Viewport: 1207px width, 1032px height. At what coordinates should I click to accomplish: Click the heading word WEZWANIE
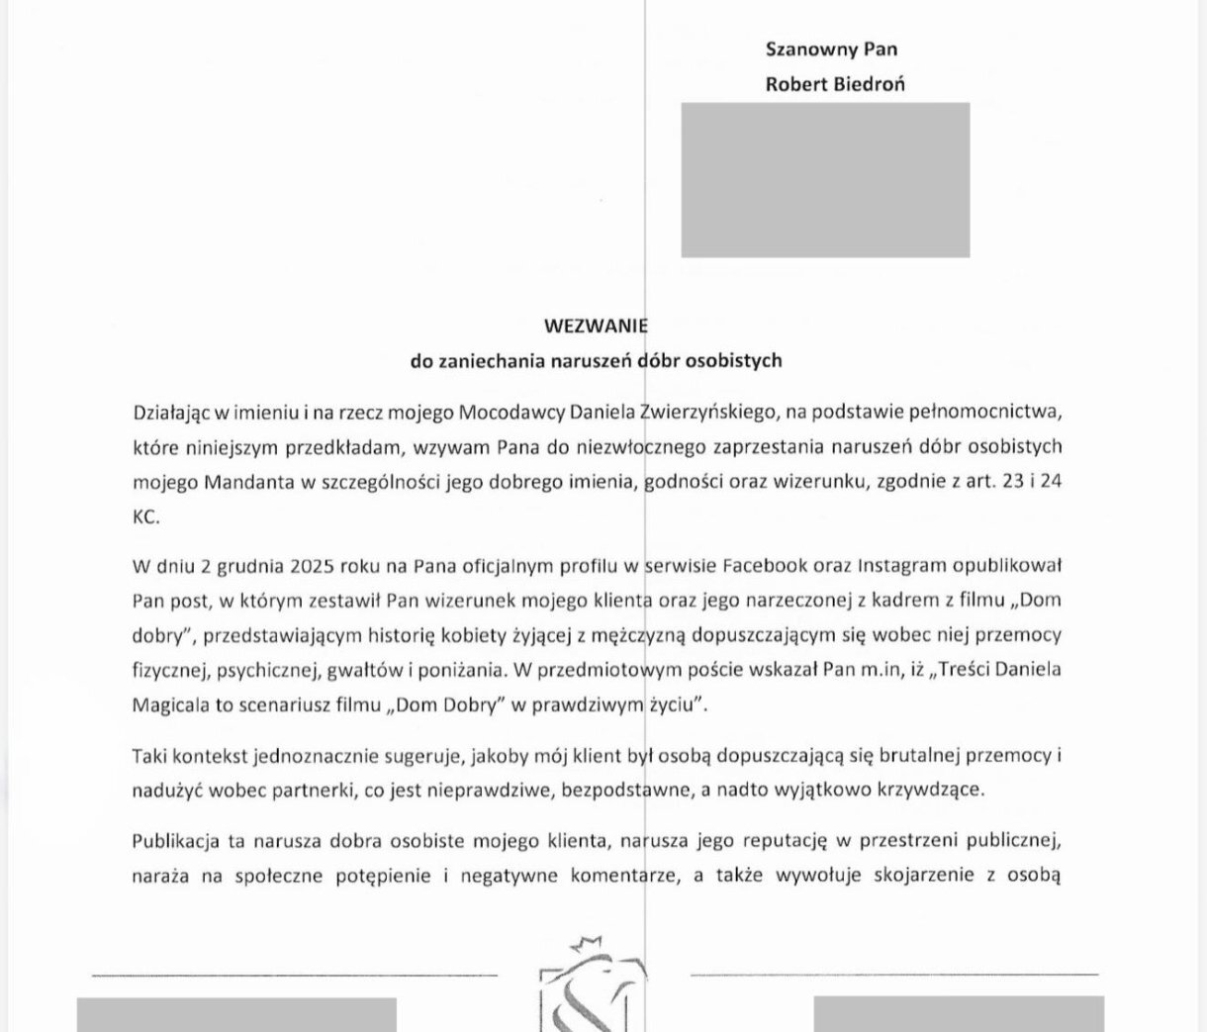pyautogui.click(x=596, y=326)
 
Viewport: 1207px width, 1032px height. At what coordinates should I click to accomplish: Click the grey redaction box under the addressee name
pyautogui.click(x=825, y=179)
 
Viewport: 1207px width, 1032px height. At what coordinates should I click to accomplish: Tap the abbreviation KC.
pyautogui.click(x=145, y=516)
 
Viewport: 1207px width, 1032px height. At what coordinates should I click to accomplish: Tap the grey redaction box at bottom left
pyautogui.click(x=236, y=1015)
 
